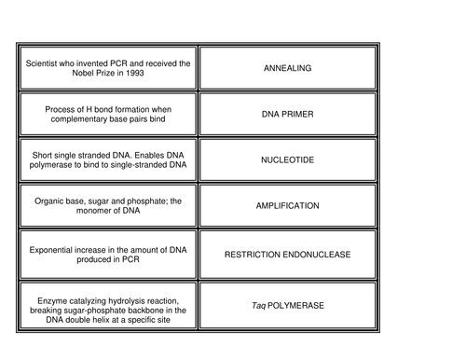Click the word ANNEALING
pyautogui.click(x=287, y=68)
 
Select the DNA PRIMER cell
pyautogui.click(x=287, y=114)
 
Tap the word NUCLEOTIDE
pyautogui.click(x=287, y=159)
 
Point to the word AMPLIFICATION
pyautogui.click(x=287, y=206)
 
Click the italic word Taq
pyautogui.click(x=258, y=306)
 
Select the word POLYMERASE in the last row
pyautogui.click(x=295, y=306)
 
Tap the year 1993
pyautogui.click(x=135, y=73)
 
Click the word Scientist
pyautogui.click(x=41, y=63)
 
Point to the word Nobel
pyautogui.click(x=81, y=73)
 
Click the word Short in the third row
pyautogui.click(x=42, y=155)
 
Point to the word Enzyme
pyautogui.click(x=52, y=301)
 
